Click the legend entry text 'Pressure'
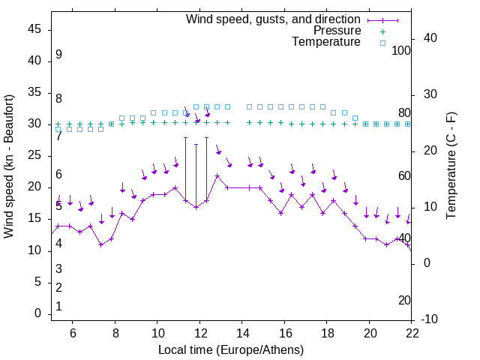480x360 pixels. (x=337, y=31)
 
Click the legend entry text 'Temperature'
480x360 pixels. (x=326, y=42)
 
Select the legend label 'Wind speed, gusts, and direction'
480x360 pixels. (x=274, y=19)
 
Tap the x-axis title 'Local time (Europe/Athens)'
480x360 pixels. (x=231, y=350)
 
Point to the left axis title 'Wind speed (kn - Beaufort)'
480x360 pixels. (x=9, y=166)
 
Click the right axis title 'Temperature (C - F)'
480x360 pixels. (x=451, y=166)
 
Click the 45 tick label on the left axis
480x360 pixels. (x=34, y=29)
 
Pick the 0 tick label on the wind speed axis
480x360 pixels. (x=38, y=313)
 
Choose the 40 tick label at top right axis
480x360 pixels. (x=430, y=38)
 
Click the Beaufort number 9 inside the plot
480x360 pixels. (x=58, y=55)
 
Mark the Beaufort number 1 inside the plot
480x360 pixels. (x=58, y=306)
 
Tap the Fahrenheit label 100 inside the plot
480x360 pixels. (x=402, y=50)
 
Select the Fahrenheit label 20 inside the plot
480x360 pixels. (x=404, y=300)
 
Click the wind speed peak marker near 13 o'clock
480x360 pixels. (x=217, y=176)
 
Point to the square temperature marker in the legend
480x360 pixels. (x=382, y=43)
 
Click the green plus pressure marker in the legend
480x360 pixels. (x=382, y=31)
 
